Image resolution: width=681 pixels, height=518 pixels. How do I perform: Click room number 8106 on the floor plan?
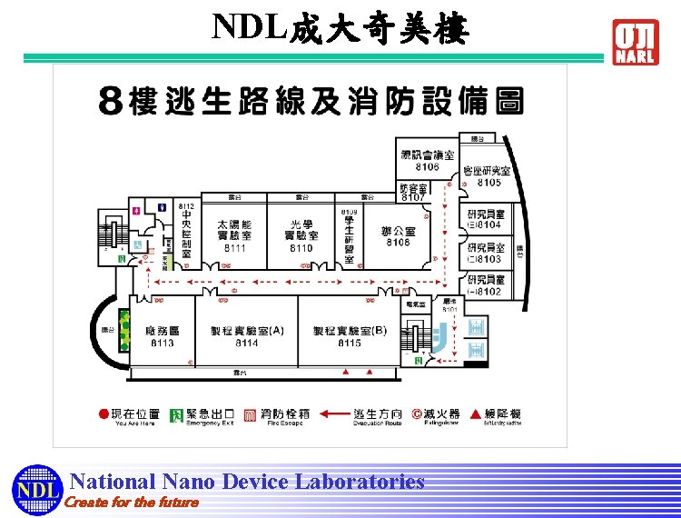(x=427, y=167)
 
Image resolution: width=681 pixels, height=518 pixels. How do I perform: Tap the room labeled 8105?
(x=489, y=183)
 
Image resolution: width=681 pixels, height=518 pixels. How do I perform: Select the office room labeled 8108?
(x=398, y=242)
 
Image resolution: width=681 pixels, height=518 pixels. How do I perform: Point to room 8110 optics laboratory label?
(x=301, y=248)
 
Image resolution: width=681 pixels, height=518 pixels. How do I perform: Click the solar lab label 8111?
(x=234, y=248)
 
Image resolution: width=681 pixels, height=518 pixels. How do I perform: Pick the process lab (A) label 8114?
(x=246, y=343)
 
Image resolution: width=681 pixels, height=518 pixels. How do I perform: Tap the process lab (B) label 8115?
(x=349, y=343)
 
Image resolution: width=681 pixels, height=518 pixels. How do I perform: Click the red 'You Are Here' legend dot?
(x=104, y=414)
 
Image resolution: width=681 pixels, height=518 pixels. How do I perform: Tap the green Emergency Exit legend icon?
(x=177, y=414)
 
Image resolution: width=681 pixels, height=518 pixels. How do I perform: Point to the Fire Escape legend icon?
(x=252, y=414)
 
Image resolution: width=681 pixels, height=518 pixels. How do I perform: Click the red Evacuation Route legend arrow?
(x=335, y=414)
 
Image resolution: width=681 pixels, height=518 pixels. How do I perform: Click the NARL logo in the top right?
(x=636, y=42)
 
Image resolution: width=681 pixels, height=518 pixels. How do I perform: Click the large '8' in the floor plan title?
(x=110, y=102)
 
